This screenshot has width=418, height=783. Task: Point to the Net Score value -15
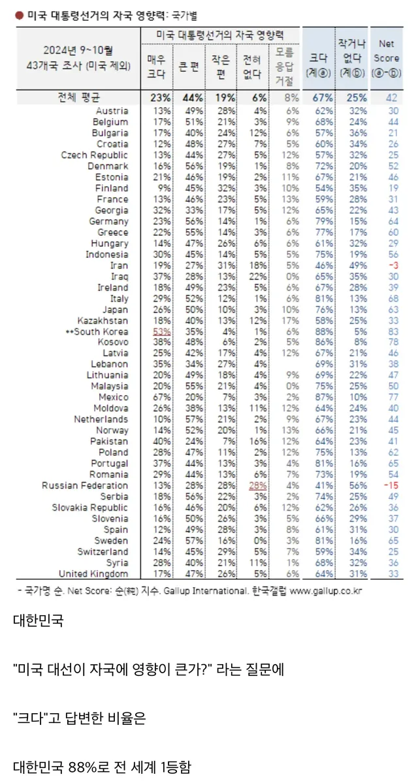tap(389, 486)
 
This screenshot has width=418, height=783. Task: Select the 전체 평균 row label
tap(78, 98)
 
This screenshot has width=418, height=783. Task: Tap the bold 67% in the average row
tap(321, 98)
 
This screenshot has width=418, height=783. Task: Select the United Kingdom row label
tap(93, 573)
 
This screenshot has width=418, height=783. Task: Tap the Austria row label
tap(112, 111)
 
